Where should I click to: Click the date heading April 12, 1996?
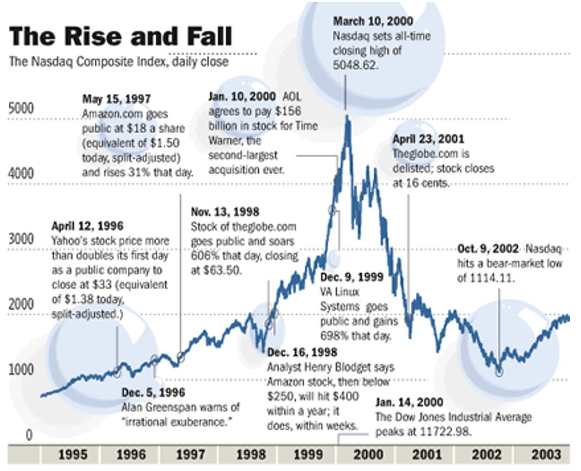point(87,226)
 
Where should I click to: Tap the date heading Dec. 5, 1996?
point(153,393)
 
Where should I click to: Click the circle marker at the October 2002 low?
point(499,372)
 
